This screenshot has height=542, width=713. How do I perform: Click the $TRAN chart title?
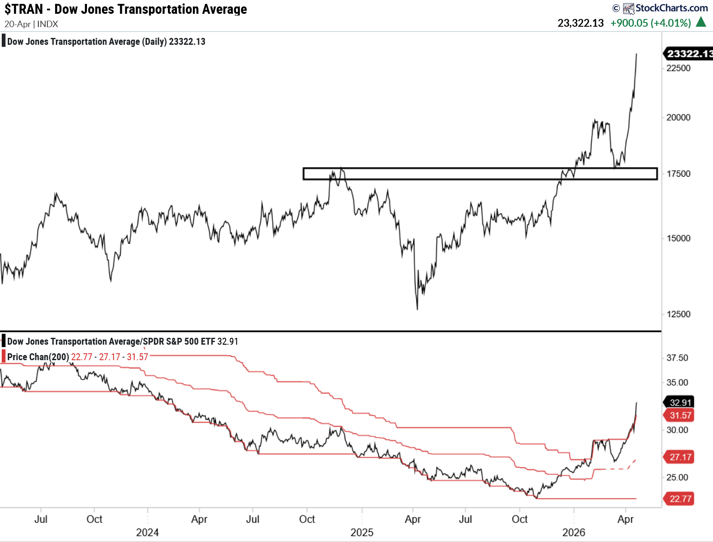pyautogui.click(x=125, y=9)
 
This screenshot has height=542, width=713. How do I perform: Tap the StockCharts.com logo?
pyautogui.click(x=665, y=8)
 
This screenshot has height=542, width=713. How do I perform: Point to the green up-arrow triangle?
pyautogui.click(x=701, y=22)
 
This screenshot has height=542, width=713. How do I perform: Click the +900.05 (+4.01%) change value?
pyautogui.click(x=651, y=23)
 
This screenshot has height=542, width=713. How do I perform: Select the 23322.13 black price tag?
pyautogui.click(x=688, y=53)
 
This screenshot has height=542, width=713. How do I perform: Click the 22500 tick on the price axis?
pyautogui.click(x=678, y=68)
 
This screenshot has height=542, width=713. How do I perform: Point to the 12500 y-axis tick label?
pyautogui.click(x=678, y=314)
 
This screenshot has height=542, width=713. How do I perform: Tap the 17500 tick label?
pyautogui.click(x=678, y=174)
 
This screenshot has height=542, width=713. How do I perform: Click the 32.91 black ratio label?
pyautogui.click(x=680, y=402)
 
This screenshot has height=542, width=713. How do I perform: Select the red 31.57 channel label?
pyautogui.click(x=680, y=415)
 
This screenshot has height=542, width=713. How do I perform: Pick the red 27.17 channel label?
pyautogui.click(x=680, y=457)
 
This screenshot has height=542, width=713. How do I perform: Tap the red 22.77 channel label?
pyautogui.click(x=680, y=499)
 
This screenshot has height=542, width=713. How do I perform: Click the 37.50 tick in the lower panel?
pyautogui.click(x=677, y=358)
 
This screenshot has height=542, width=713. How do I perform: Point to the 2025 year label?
pyautogui.click(x=362, y=533)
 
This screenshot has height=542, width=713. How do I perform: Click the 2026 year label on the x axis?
pyautogui.click(x=573, y=533)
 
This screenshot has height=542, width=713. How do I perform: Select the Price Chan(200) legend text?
pyautogui.click(x=38, y=357)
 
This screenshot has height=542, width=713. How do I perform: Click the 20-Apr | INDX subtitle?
pyautogui.click(x=31, y=24)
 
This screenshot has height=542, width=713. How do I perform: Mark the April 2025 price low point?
pyautogui.click(x=417, y=309)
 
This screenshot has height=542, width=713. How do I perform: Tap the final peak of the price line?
pyautogui.click(x=636, y=54)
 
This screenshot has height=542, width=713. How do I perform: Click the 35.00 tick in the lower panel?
pyautogui.click(x=677, y=383)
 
